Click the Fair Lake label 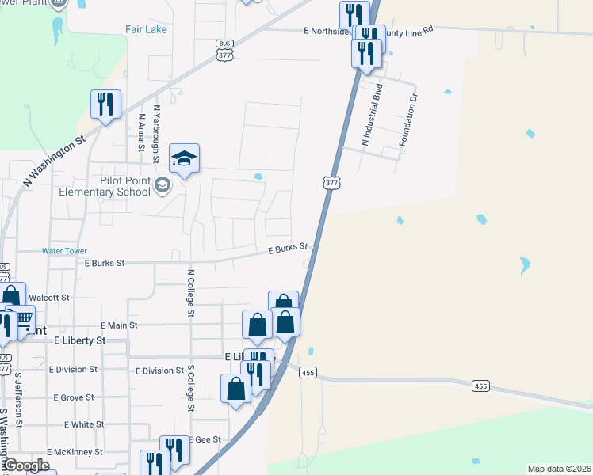pyautogui.click(x=145, y=29)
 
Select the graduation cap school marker pyautogui.click(x=184, y=159)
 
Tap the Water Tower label pyautogui.click(x=63, y=251)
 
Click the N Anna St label pyautogui.click(x=141, y=131)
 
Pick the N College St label pyautogui.click(x=190, y=292)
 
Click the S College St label pyautogui.click(x=190, y=388)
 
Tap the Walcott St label pyautogui.click(x=54, y=298)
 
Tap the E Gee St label pyautogui.click(x=205, y=439)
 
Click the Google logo pyautogui.click(x=25, y=465)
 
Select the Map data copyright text pyautogui.click(x=558, y=469)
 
